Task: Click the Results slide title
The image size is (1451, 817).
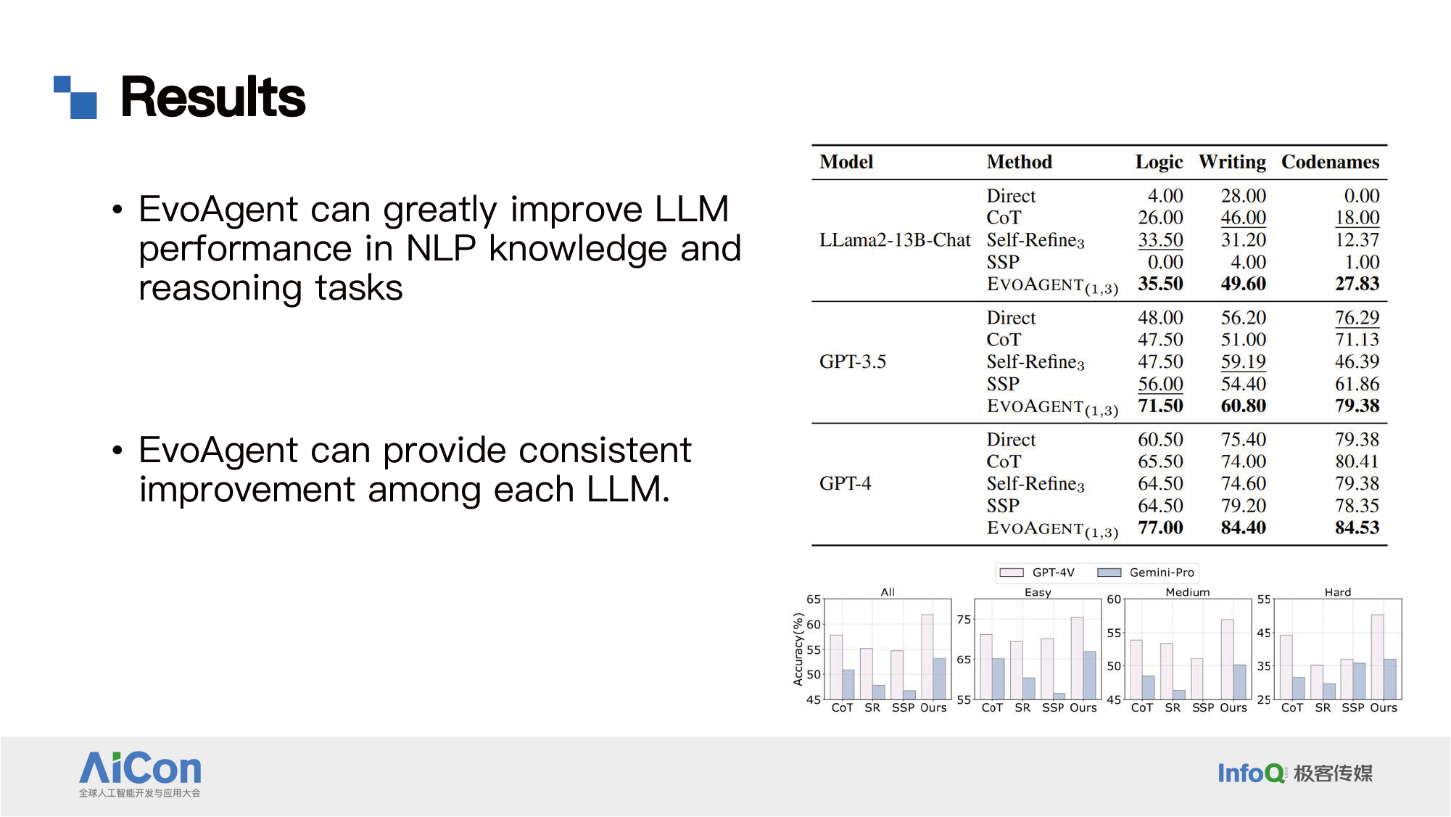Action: click(x=212, y=97)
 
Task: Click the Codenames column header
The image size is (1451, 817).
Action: click(x=1330, y=162)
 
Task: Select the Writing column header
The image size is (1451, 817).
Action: click(x=1232, y=163)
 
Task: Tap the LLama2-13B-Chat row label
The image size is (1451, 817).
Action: click(x=895, y=240)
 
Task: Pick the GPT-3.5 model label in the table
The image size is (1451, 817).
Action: click(x=853, y=361)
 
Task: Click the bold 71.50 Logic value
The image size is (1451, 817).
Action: click(x=1160, y=406)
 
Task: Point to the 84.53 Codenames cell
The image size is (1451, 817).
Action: click(x=1357, y=527)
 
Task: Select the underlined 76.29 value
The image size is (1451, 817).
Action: click(x=1357, y=318)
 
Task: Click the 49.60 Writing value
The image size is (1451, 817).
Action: click(x=1243, y=284)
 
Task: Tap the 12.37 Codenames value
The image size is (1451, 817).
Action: click(x=1357, y=240)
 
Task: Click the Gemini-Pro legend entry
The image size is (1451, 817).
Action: click(x=1146, y=572)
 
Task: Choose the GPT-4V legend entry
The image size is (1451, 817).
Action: click(x=1037, y=572)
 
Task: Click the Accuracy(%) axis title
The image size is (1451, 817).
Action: click(x=798, y=649)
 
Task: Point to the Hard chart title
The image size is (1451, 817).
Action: click(x=1337, y=592)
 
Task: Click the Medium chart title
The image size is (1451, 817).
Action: click(x=1187, y=592)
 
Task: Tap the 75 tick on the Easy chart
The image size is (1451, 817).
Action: click(x=964, y=620)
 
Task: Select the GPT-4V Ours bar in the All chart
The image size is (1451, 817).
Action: click(x=927, y=657)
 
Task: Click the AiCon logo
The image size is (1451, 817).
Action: click(x=140, y=774)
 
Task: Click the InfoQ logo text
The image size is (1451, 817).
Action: click(x=1250, y=773)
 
